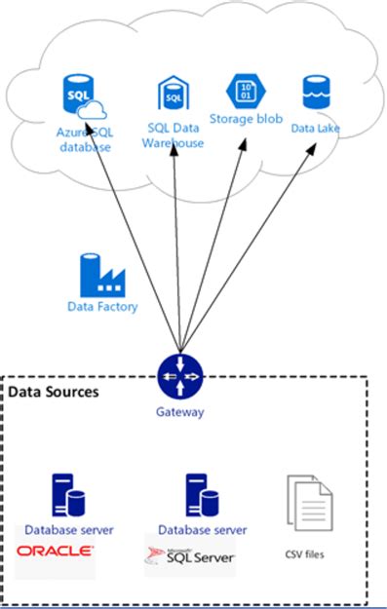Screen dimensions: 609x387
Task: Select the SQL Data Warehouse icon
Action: point(173,95)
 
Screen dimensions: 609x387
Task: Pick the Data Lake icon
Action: point(315,93)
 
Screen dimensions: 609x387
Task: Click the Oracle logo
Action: point(56,551)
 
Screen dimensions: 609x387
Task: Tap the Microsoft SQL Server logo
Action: point(191,554)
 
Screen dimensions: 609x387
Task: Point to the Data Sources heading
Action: point(54,392)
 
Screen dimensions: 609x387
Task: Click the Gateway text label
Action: point(180,412)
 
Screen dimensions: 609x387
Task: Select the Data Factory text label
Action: point(102,307)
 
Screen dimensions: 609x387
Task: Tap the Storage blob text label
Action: point(246,119)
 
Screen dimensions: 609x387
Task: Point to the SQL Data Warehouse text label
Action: point(175,134)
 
